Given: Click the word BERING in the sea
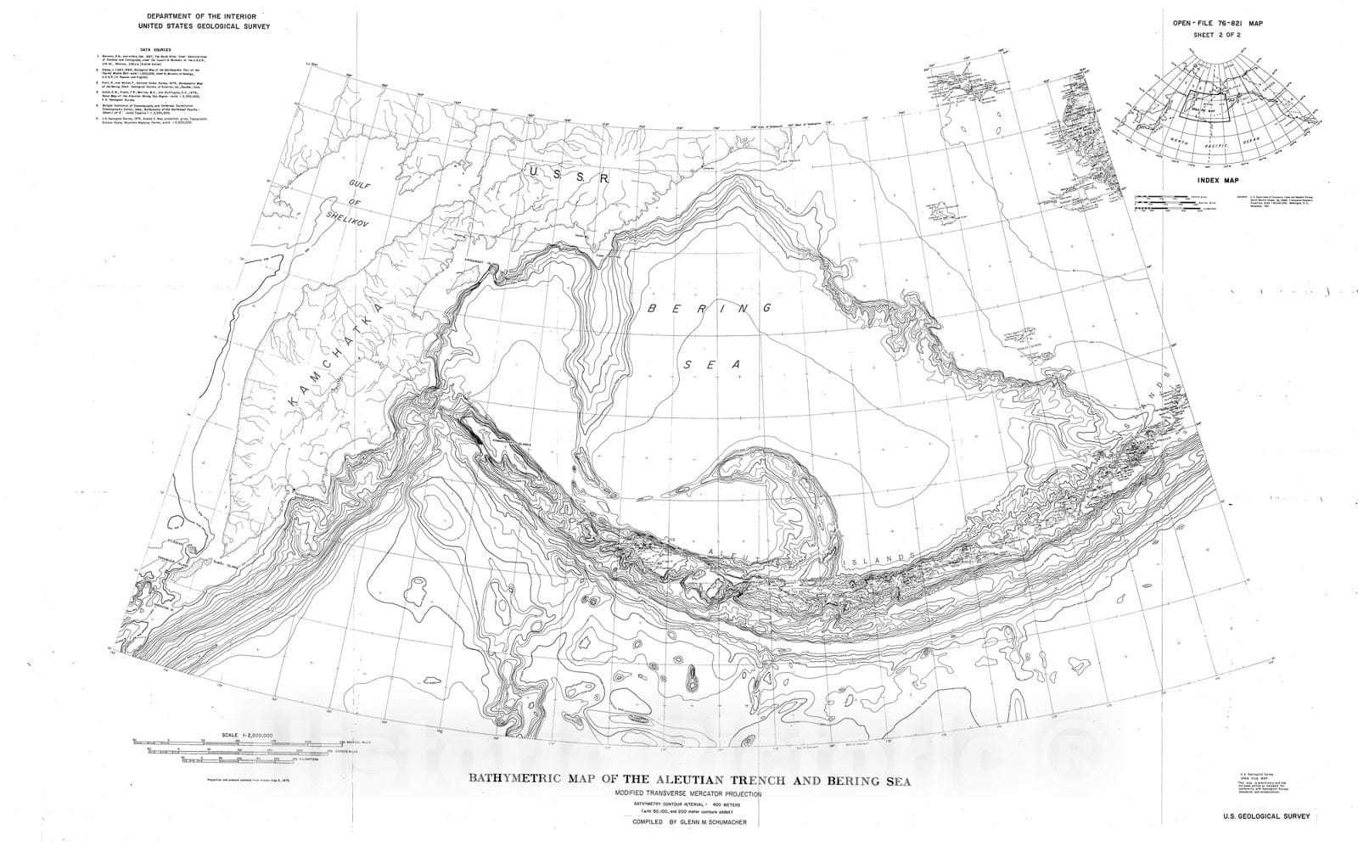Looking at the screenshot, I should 710,309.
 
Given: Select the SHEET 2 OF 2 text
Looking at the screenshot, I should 1220,37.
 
